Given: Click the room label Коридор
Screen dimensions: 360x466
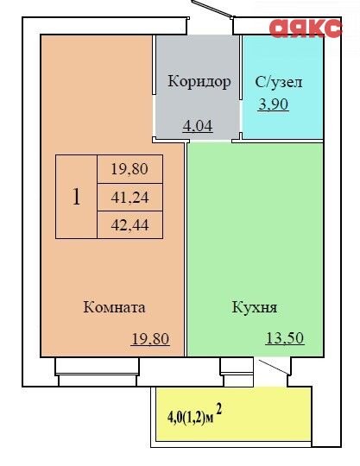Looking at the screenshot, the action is point(199,81).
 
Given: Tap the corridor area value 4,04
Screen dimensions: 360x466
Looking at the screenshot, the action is point(198,126).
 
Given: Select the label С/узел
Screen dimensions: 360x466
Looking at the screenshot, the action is point(279,82).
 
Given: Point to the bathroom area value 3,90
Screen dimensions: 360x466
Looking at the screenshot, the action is point(273,104).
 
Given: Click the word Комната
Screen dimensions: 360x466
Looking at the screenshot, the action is point(114,307).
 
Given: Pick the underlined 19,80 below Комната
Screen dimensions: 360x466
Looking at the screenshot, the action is point(150,339).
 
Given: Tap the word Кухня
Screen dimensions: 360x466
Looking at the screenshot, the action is point(254,307).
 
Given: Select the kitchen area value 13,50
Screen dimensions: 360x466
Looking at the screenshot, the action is point(285,338).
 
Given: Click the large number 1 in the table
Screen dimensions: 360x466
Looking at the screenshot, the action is point(76,197).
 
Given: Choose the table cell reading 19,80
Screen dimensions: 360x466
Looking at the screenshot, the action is point(129,169).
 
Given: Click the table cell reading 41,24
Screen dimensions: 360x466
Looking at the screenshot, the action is point(129,198).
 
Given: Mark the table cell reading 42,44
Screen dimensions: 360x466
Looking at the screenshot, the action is point(129,225).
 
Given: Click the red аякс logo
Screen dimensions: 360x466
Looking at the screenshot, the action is point(306,28).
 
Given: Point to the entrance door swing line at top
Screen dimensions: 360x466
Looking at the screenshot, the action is point(212,9).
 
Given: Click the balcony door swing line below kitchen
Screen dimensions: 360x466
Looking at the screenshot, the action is point(274,367).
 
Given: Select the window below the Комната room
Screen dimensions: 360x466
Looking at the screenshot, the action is point(97,371).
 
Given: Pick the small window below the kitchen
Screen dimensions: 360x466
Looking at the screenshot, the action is point(237,371).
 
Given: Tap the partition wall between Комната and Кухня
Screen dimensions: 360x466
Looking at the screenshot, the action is point(186,249).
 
